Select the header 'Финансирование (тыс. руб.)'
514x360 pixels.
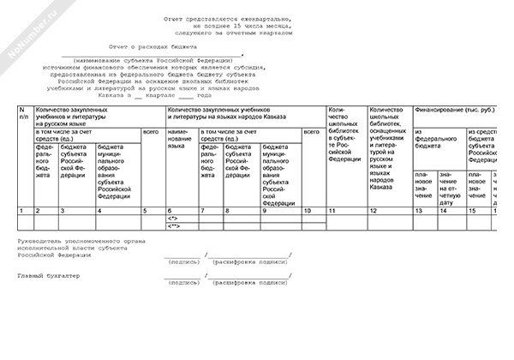pyautogui.click(x=454, y=111)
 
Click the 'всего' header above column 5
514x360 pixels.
pyautogui.click(x=150, y=131)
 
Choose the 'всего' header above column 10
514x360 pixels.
pyautogui.click(x=313, y=131)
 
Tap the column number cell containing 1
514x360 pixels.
pyautogui.click(x=21, y=210)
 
